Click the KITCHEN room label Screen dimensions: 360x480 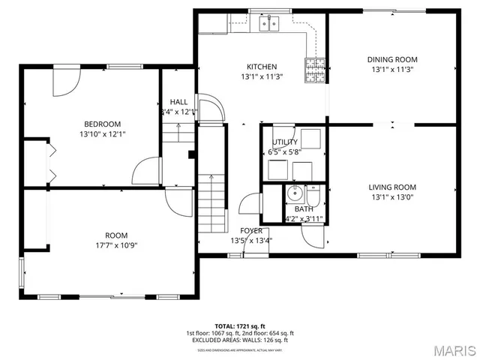(x=259, y=67)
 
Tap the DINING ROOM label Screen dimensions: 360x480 (x=391, y=59)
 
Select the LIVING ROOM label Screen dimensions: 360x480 (x=391, y=187)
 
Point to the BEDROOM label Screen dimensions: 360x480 (x=101, y=124)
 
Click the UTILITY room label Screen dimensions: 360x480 (x=284, y=142)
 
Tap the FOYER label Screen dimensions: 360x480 (x=250, y=230)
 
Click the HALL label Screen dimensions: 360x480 (x=178, y=102)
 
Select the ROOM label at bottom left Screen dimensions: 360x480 (x=116, y=235)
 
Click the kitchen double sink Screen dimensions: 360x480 (x=269, y=24)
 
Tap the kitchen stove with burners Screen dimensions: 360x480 (x=315, y=69)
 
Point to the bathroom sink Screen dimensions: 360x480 (x=296, y=195)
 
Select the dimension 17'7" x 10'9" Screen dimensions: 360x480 (x=116, y=244)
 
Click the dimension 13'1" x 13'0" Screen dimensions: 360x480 (x=391, y=198)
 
